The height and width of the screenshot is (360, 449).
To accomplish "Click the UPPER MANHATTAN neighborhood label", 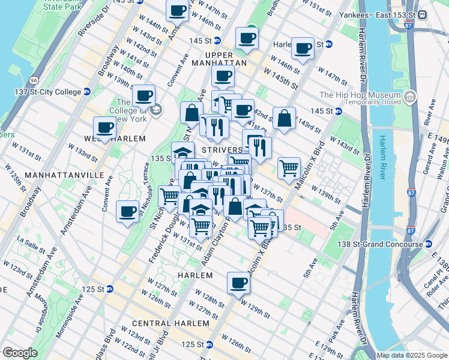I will pyautogui.click(x=219, y=62).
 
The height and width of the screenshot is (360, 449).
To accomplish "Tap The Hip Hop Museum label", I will pyautogui.click(x=360, y=95).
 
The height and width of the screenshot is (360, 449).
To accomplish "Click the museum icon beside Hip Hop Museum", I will pyautogui.click(x=410, y=96).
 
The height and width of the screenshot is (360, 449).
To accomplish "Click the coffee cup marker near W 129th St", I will pyautogui.click(x=238, y=281).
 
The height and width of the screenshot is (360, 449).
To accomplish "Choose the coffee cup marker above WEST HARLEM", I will pyautogui.click(x=104, y=127).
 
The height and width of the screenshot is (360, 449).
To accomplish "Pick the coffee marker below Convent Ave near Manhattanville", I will pyautogui.click(x=127, y=211).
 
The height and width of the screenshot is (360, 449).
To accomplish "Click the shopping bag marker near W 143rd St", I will pyautogui.click(x=284, y=118).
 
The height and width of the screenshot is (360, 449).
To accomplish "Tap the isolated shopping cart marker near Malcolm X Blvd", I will pyautogui.click(x=289, y=167).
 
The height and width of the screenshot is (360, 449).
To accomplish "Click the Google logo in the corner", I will pyautogui.click(x=20, y=353).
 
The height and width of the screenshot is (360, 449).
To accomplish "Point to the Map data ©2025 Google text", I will pyautogui.click(x=411, y=355).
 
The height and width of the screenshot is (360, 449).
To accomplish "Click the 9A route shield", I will pyautogui.click(x=33, y=79).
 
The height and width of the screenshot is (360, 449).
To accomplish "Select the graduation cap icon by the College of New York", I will pyautogui.click(x=156, y=109).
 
